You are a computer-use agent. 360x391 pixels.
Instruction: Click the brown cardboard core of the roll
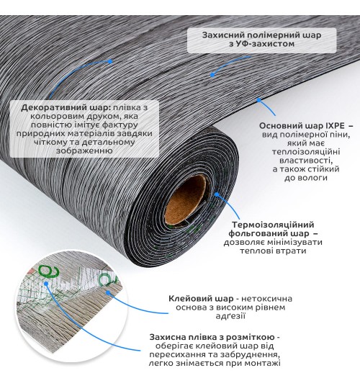click(x=186, y=199)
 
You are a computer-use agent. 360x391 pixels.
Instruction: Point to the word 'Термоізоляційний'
click(x=273, y=225)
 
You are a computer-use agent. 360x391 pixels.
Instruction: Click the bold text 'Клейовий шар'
click(x=201, y=299)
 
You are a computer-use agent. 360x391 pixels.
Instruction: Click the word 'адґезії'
click(x=230, y=316)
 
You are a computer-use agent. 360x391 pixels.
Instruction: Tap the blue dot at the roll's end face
click(x=217, y=194)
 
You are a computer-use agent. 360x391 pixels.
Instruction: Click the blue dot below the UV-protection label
click(x=212, y=75)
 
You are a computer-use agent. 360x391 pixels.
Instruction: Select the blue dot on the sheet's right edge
click(x=258, y=100)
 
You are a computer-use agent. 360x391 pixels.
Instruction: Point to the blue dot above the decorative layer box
click(x=110, y=61)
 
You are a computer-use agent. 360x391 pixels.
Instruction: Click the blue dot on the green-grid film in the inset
click(x=46, y=283)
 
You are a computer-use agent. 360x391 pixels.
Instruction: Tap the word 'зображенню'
click(x=84, y=150)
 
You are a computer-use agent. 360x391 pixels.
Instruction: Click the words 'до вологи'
click(x=306, y=178)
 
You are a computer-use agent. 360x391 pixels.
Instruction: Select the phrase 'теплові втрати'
click(x=273, y=251)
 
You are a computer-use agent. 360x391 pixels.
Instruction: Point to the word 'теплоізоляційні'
click(x=306, y=152)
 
